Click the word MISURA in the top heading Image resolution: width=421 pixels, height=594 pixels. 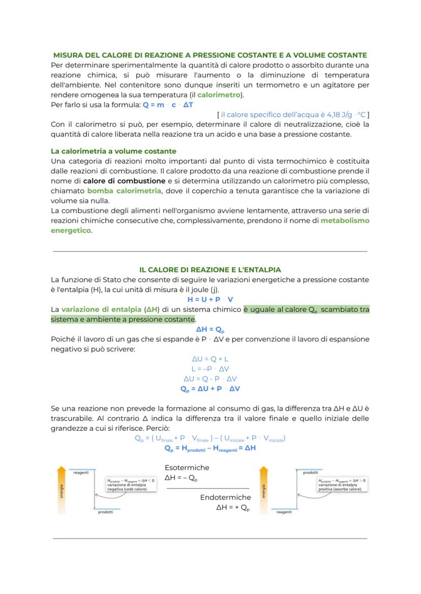68,55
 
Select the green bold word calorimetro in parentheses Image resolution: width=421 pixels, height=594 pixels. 219,95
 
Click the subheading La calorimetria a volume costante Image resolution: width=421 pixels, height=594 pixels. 113,151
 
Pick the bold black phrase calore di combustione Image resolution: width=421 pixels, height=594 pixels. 124,181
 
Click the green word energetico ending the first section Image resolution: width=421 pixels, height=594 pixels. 71,230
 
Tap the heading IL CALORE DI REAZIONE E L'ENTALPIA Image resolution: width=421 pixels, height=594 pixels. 210,270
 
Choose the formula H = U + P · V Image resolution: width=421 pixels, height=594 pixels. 210,299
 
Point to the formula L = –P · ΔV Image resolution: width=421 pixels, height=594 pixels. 210,369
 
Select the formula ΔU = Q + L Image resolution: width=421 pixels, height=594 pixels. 210,359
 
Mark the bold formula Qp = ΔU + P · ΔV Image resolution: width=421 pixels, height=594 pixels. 210,389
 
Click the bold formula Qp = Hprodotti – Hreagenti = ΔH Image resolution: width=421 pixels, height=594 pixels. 210,448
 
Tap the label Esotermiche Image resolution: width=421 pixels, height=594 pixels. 187,467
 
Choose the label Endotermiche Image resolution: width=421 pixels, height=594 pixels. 225,497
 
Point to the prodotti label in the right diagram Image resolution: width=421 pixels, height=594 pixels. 310,472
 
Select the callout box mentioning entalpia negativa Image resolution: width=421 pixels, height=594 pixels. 131,484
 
